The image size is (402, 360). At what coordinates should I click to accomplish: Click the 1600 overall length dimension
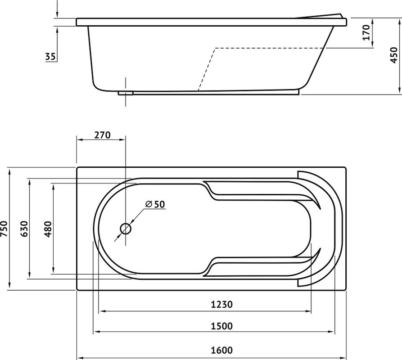(x=222, y=350)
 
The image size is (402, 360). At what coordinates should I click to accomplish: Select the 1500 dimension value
(x=222, y=326)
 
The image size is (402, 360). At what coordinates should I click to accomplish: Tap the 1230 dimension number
(x=222, y=304)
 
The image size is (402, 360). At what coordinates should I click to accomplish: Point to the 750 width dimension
(x=5, y=229)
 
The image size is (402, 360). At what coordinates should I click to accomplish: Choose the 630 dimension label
(x=24, y=229)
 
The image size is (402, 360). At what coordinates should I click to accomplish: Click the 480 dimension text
(x=48, y=229)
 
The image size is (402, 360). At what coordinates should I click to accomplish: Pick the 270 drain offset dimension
(x=102, y=135)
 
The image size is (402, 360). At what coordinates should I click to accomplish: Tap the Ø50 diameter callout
(x=155, y=204)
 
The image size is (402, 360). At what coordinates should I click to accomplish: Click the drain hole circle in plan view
(x=126, y=229)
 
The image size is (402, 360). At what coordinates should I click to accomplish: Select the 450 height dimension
(x=393, y=55)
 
